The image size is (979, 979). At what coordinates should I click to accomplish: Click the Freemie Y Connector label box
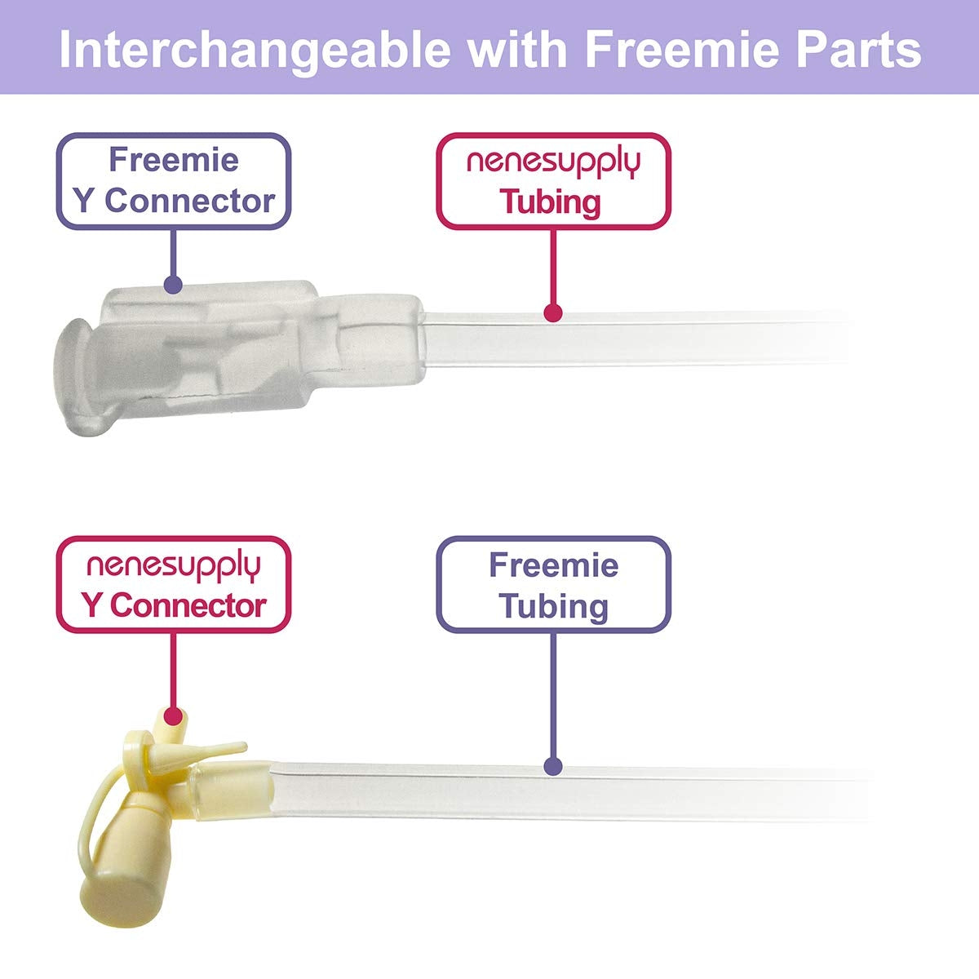click(173, 181)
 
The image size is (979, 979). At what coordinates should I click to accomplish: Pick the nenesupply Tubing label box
click(553, 181)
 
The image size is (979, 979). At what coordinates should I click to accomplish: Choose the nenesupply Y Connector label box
click(173, 584)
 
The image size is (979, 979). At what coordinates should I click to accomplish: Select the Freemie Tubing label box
click(553, 584)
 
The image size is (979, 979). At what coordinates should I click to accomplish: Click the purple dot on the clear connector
click(172, 285)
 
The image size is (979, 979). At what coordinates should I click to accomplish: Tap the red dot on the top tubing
click(553, 312)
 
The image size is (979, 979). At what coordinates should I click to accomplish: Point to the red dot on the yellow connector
click(172, 716)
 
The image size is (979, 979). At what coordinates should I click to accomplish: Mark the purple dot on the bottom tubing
click(553, 767)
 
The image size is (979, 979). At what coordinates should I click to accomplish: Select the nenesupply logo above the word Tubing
click(553, 162)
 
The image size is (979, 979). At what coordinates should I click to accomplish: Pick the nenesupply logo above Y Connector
click(173, 565)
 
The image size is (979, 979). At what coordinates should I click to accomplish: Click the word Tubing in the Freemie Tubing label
click(553, 606)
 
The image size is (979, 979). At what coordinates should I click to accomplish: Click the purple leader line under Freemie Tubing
click(553, 693)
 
